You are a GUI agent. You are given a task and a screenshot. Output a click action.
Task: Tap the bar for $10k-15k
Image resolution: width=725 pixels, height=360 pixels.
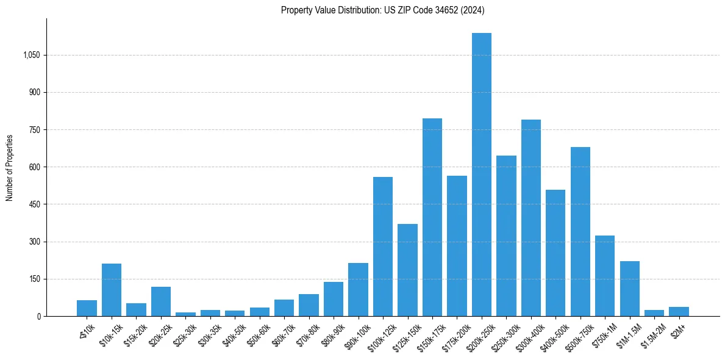point(112,290)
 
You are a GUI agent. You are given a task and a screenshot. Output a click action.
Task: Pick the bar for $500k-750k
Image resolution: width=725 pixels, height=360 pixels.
point(580,232)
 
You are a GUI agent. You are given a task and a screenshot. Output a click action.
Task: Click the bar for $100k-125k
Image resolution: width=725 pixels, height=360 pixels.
point(383,247)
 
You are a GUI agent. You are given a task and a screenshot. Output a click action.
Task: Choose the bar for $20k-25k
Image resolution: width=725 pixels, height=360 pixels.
point(161,301)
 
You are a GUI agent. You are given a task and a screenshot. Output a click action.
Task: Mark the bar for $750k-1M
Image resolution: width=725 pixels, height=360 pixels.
point(605,276)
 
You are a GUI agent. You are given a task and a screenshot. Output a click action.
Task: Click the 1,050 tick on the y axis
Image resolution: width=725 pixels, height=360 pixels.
point(31,55)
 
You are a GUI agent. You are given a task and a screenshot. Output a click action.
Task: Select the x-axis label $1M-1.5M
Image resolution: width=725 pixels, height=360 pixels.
point(627,335)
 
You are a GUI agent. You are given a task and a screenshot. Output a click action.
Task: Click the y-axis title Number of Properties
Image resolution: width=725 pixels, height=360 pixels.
point(9,167)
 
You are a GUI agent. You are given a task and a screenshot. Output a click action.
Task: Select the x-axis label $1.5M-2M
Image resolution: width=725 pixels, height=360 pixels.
point(651,335)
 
